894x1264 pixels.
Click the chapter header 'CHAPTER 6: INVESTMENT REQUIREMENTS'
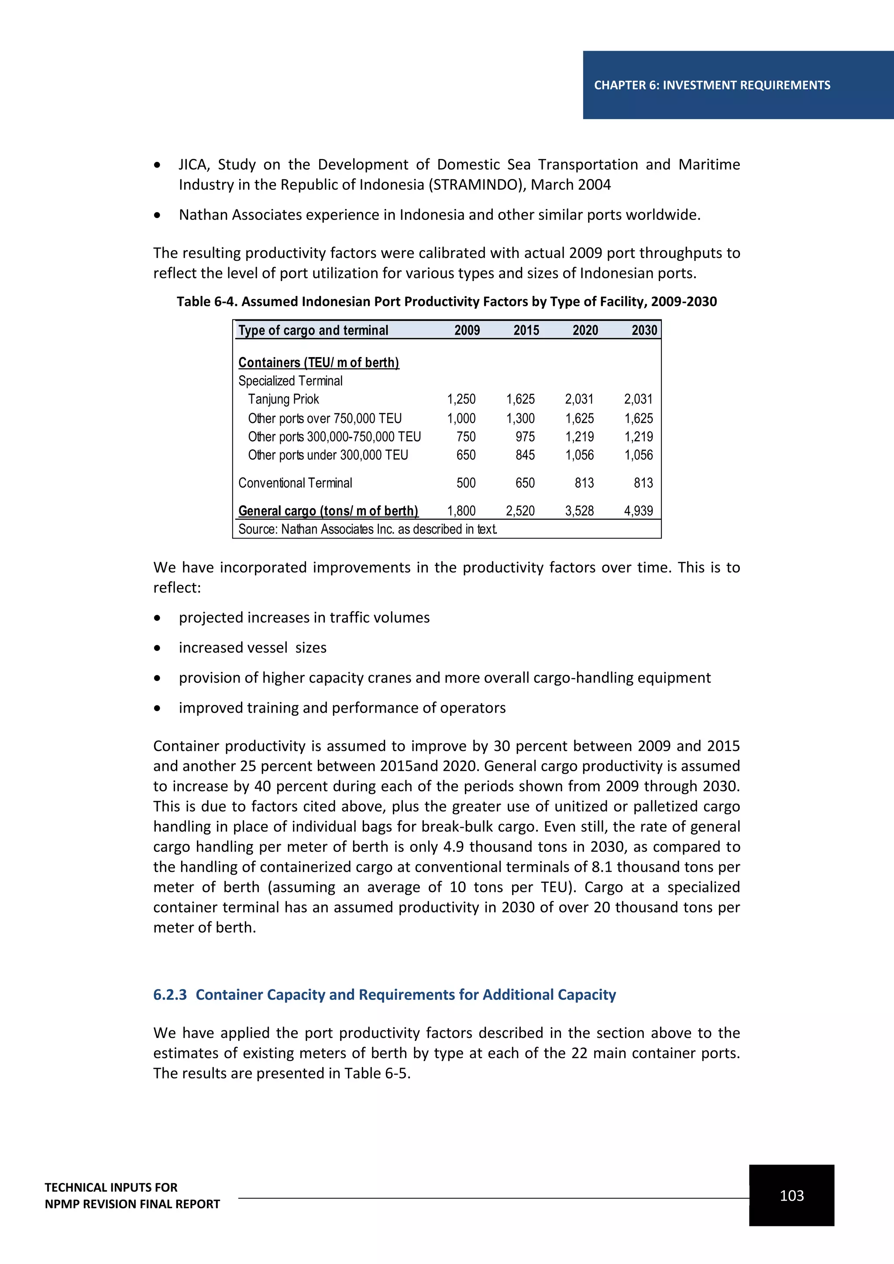[712, 86]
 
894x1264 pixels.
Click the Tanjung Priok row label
[283, 399]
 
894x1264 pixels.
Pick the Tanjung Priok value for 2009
[461, 399]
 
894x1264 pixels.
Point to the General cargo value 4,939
[638, 511]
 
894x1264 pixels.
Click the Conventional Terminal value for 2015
[525, 483]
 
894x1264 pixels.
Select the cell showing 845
[525, 455]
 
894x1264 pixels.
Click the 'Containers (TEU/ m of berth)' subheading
[318, 362]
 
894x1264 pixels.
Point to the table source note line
[367, 529]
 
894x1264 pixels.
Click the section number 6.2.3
[169, 995]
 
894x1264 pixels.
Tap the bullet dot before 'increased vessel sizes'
[158, 648]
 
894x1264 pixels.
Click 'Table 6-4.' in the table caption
[207, 302]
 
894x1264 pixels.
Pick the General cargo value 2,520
[520, 511]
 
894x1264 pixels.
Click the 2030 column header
[644, 330]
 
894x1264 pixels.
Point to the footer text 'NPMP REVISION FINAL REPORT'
[132, 1204]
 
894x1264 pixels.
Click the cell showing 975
[525, 436]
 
